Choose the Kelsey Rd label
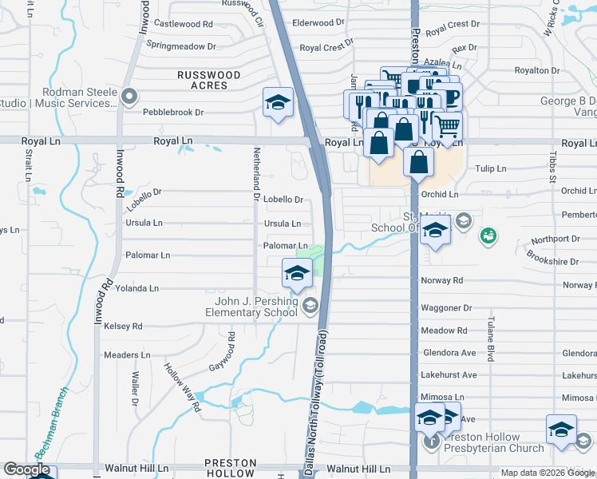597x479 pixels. pos(123,327)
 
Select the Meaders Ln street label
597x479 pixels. pos(127,354)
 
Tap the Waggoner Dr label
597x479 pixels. pos(446,308)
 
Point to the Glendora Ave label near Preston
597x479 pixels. pos(448,353)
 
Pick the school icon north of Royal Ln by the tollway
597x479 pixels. pos(278,103)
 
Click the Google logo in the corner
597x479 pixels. pos(26,469)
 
